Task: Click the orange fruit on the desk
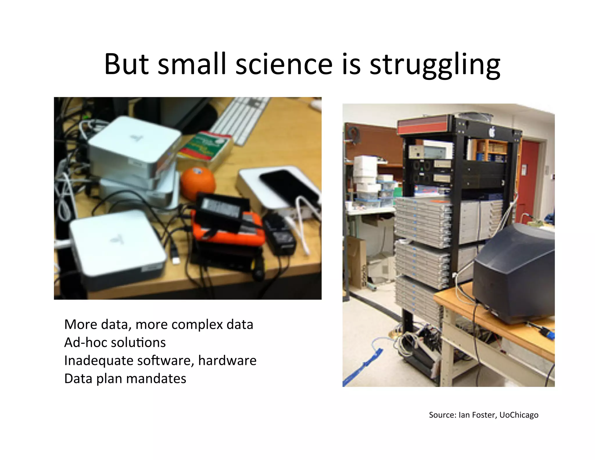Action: tap(198, 183)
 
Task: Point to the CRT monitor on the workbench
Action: tap(514, 273)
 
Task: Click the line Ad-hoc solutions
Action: tap(115, 343)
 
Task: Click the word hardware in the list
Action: tap(227, 361)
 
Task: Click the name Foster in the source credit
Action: tap(483, 415)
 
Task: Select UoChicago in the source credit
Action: tap(519, 415)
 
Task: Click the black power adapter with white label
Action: tap(222, 211)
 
